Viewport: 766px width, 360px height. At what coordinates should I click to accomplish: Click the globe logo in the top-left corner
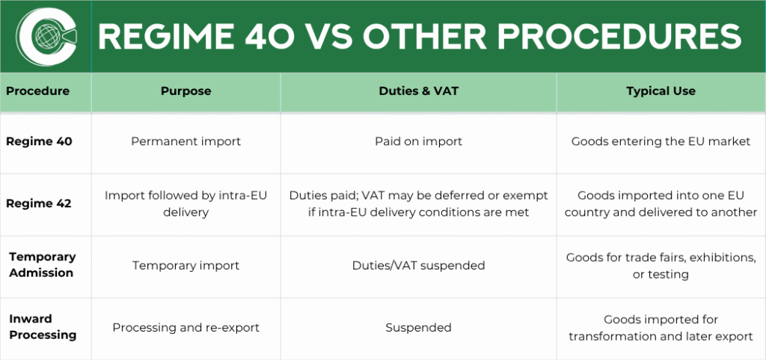(46, 37)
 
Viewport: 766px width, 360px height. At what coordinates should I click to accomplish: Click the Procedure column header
(37, 91)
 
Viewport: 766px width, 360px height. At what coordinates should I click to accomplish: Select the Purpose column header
(186, 91)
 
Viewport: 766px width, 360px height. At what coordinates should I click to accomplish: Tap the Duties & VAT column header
(418, 91)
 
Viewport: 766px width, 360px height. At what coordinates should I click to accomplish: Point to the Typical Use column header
(661, 91)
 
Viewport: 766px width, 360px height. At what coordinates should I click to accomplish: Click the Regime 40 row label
(39, 141)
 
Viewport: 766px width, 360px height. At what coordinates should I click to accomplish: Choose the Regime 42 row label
(39, 204)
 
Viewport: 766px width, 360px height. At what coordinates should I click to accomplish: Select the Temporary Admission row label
(42, 265)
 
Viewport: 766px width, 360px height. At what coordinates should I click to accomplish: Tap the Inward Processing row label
(43, 327)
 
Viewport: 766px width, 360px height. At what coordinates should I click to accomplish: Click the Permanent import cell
(186, 141)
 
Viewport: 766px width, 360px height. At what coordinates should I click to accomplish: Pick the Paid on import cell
(418, 141)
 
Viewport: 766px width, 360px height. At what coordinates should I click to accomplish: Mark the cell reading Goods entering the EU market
(661, 141)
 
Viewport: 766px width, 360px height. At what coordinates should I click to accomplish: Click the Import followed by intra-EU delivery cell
(186, 204)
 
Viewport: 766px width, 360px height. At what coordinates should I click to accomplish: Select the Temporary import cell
(186, 266)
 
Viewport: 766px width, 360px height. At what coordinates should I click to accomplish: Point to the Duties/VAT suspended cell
(418, 266)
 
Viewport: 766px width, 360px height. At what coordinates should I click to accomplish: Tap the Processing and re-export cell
(186, 328)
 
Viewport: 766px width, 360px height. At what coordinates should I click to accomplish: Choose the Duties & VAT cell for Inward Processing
(418, 328)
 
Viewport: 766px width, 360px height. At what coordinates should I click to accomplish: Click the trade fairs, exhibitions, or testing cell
(661, 266)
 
